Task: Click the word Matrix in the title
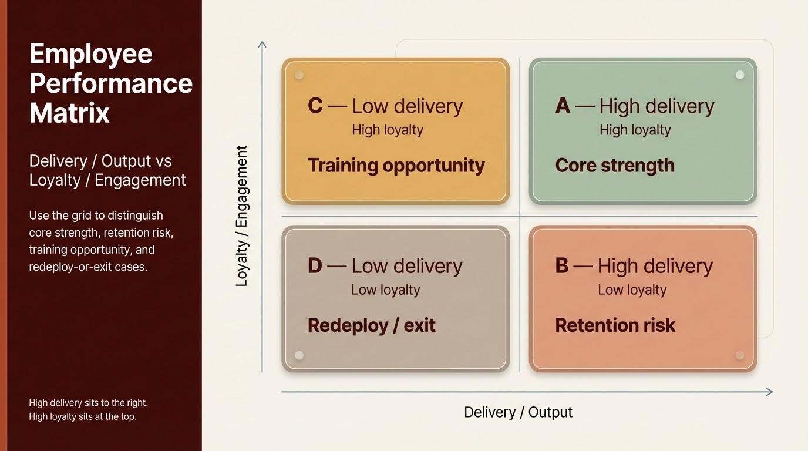click(x=69, y=112)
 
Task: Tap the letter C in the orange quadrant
click(x=315, y=106)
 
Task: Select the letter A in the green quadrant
click(x=563, y=106)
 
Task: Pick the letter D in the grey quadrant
click(x=315, y=265)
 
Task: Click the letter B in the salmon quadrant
click(x=562, y=265)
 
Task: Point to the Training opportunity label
click(x=396, y=166)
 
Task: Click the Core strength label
click(x=615, y=166)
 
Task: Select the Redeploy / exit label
click(x=372, y=325)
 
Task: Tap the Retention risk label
click(x=615, y=325)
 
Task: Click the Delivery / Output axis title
click(x=518, y=412)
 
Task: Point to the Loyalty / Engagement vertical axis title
click(x=241, y=216)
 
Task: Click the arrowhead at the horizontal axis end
click(x=769, y=392)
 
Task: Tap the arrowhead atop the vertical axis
click(x=262, y=45)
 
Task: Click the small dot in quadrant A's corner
click(x=740, y=75)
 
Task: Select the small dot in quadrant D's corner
click(x=299, y=355)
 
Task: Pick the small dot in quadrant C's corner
click(x=299, y=75)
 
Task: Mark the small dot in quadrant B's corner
click(x=740, y=355)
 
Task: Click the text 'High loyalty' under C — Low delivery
click(x=388, y=130)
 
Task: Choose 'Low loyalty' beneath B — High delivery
click(x=632, y=290)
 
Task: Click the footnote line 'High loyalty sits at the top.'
click(x=83, y=417)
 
